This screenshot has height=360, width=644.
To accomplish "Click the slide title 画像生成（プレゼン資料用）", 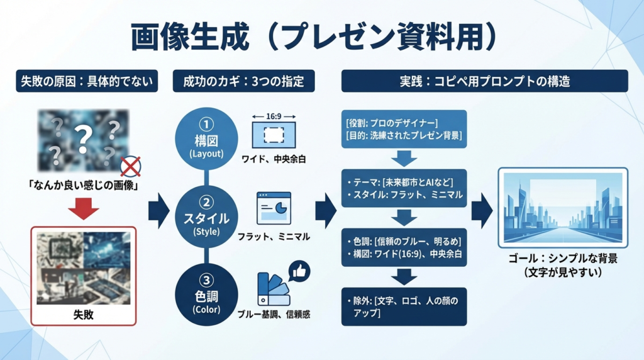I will (313, 38).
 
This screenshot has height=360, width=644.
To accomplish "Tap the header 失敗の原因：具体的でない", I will (86, 81).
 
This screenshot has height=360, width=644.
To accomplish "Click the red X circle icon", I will (131, 166).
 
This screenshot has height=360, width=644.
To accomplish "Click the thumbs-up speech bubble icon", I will (299, 271).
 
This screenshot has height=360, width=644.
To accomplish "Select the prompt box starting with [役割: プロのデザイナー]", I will (404, 129).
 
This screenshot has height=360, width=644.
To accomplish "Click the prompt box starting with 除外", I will (404, 307).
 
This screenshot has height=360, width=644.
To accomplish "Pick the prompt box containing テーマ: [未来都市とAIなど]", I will (404, 188).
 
